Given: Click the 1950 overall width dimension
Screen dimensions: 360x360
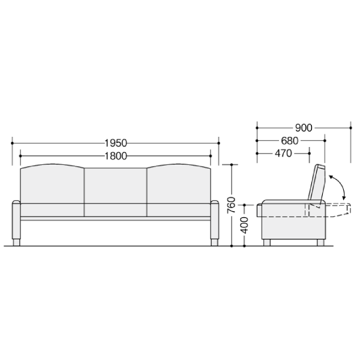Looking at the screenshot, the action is point(116,143).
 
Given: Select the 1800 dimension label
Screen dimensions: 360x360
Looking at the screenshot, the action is point(116,156).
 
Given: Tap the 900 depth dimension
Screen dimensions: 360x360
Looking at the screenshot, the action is point(304,128).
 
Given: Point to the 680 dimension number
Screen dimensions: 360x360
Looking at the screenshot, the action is point(290,141).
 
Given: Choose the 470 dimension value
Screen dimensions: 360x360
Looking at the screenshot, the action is point(283,154).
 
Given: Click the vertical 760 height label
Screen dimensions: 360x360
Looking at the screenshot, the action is point(232,205).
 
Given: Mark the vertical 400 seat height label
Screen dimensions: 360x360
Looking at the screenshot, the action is point(245,225).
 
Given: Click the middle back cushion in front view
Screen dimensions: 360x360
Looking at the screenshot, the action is point(115,186).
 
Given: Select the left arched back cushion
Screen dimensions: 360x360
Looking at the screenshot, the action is point(52,184).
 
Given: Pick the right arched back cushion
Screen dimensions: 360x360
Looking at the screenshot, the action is point(179,184).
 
